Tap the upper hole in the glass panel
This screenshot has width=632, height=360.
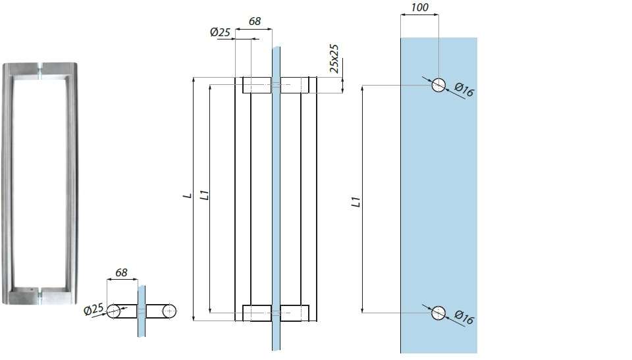click(438, 85)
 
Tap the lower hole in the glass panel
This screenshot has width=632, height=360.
click(438, 313)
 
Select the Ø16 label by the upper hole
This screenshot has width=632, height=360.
click(464, 91)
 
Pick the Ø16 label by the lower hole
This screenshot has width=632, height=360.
click(464, 318)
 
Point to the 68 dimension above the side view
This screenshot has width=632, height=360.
click(255, 21)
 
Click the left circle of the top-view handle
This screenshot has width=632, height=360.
click(115, 311)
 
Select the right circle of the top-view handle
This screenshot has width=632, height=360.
click(171, 311)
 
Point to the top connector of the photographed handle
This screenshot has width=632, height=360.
click(42, 69)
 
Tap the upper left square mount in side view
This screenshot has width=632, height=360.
click(256, 85)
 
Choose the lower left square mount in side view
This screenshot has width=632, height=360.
click(256, 313)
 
